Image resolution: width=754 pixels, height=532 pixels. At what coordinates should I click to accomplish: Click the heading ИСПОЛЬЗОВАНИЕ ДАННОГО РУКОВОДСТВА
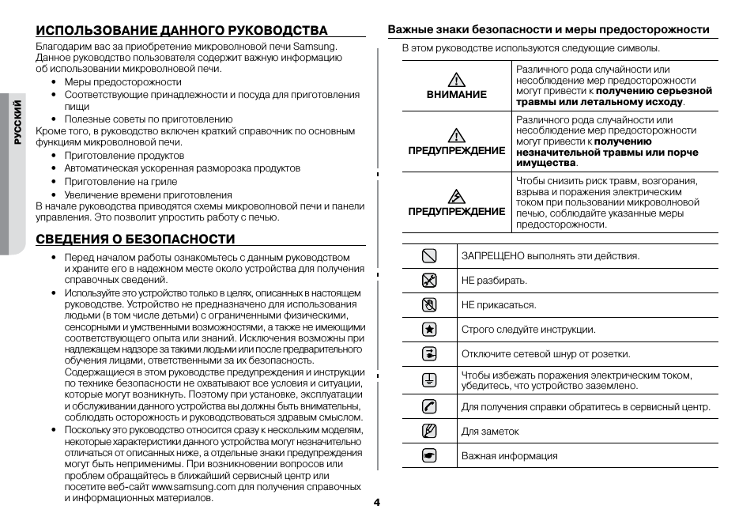(181, 31)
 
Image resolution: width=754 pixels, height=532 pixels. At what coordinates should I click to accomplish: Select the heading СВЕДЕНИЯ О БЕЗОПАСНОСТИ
(135, 240)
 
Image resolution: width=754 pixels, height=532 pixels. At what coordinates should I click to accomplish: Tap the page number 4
(377, 503)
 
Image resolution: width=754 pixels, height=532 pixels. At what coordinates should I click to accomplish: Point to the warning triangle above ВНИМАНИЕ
(456, 79)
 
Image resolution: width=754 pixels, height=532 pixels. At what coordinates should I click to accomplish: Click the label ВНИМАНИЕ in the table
(456, 95)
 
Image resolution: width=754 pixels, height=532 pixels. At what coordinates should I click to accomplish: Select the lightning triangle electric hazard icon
(456, 196)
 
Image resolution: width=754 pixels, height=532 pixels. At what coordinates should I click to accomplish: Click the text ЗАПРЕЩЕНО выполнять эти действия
(550, 256)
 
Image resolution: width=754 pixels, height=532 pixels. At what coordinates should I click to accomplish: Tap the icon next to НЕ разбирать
(429, 280)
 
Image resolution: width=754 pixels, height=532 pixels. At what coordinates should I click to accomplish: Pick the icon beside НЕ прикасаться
(429, 304)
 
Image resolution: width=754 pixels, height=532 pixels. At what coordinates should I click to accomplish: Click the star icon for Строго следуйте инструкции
(429, 330)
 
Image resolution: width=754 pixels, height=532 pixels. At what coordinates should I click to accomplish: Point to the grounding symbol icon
(429, 379)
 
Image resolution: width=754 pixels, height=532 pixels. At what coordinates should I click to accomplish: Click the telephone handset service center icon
(429, 407)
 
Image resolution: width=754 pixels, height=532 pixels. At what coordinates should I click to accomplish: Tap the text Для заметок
(490, 432)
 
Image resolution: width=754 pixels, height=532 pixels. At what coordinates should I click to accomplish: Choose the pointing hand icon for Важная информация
(429, 456)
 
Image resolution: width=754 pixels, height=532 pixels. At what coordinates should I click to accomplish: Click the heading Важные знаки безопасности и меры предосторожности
(548, 30)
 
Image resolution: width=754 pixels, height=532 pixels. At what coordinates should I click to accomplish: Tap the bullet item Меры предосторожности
(123, 82)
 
